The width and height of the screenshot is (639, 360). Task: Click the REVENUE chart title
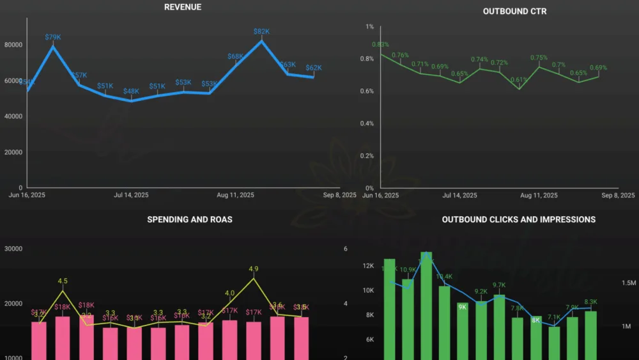182,7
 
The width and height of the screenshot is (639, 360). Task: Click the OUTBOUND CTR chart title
514,12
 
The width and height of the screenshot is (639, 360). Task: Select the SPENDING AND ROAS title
190,219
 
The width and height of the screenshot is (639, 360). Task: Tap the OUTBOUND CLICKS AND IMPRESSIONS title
518,219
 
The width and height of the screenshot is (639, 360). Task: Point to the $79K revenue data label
53,37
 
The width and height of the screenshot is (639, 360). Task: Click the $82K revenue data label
261,31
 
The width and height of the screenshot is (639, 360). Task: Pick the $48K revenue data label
131,91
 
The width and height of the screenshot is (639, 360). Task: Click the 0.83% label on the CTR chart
380,45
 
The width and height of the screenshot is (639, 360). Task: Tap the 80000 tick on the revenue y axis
13,45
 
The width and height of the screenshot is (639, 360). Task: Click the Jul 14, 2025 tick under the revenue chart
131,195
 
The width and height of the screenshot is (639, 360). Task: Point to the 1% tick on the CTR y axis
369,27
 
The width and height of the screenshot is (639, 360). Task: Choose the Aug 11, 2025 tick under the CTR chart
539,196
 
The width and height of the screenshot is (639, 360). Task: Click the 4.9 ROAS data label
254,269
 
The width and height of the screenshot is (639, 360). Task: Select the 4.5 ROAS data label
63,281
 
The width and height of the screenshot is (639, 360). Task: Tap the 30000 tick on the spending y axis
13,249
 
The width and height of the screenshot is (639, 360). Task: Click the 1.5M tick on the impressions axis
629,283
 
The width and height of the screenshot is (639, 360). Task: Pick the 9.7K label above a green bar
499,285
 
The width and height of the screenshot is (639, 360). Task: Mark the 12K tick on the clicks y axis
368,266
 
